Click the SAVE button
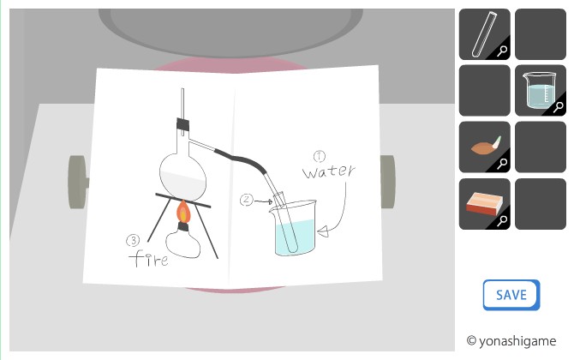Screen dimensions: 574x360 pyautogui.click(x=511, y=295)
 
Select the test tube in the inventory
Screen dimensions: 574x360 pyautogui.click(x=484, y=34)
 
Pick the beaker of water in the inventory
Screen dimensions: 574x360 pyautogui.click(x=540, y=91)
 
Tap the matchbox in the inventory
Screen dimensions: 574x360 pyautogui.click(x=484, y=204)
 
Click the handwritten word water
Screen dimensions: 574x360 pyautogui.click(x=328, y=171)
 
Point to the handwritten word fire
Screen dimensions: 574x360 pyautogui.click(x=148, y=259)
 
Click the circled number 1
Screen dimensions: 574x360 pyautogui.click(x=320, y=156)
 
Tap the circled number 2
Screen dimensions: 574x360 pyautogui.click(x=247, y=200)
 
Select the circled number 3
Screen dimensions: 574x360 pyautogui.click(x=133, y=241)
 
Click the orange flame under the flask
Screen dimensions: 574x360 pyautogui.click(x=183, y=212)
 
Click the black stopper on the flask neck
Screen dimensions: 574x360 pyautogui.click(x=182, y=125)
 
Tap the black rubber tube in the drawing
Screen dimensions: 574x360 pyautogui.click(x=242, y=160)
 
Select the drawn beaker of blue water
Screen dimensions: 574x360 pyautogui.click(x=294, y=228)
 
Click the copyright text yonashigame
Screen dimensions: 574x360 pyautogui.click(x=511, y=341)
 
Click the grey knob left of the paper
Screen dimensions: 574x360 pyautogui.click(x=78, y=183)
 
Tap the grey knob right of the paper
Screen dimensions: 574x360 pyautogui.click(x=388, y=182)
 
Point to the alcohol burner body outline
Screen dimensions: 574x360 pyautogui.click(x=183, y=243)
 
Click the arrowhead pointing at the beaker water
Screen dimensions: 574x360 pyautogui.click(x=323, y=231)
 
